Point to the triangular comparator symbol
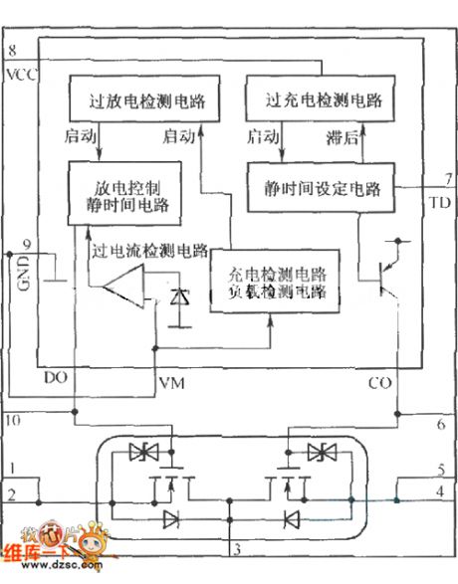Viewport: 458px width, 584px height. pyautogui.click(x=125, y=292)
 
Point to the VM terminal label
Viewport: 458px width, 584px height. pyautogui.click(x=170, y=382)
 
